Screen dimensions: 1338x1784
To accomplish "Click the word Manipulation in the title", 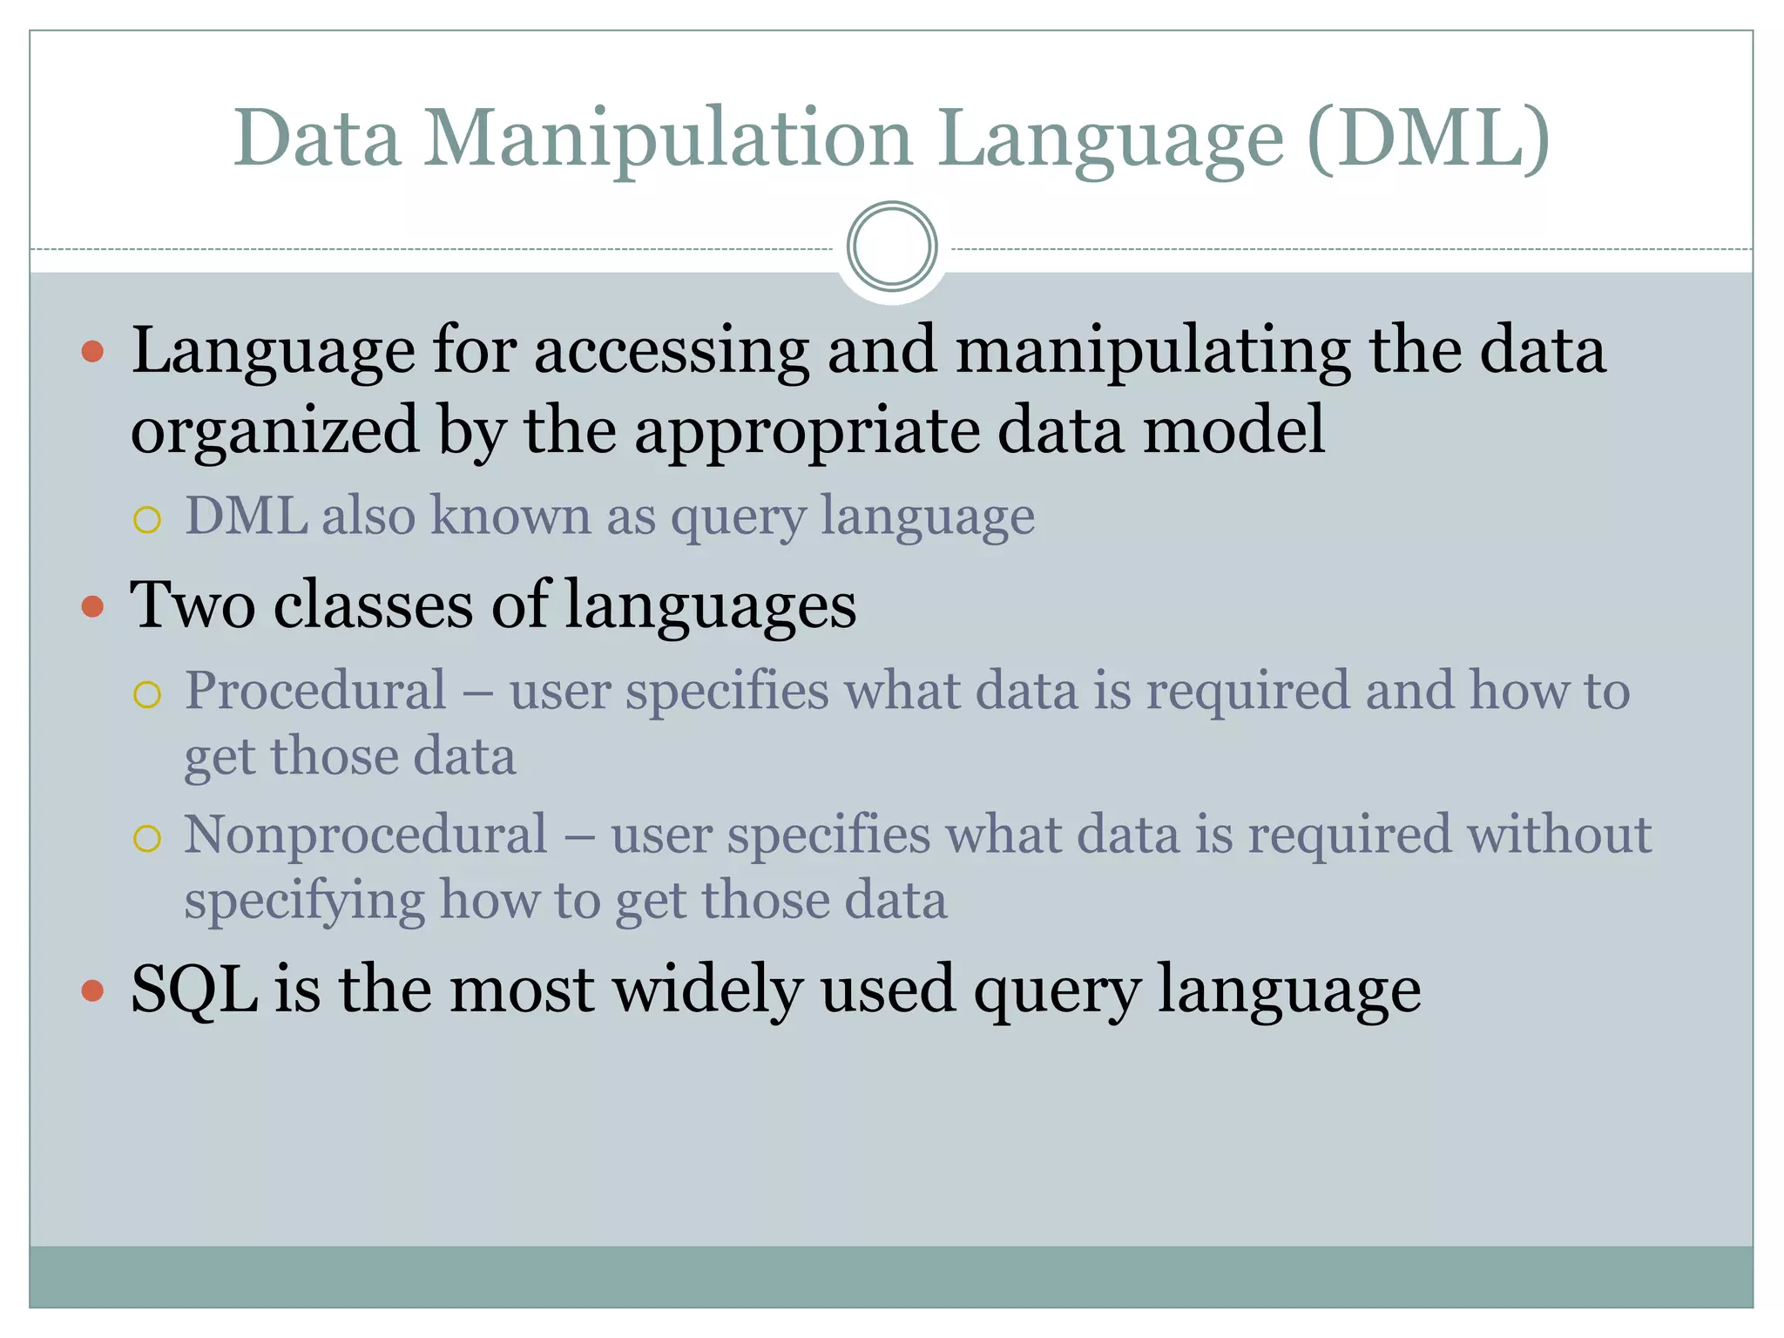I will click(667, 139).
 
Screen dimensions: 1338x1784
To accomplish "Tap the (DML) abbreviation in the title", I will click(1429, 139).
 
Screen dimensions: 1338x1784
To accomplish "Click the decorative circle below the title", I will click(892, 247).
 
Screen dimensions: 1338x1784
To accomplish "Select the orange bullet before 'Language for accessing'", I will click(92, 352).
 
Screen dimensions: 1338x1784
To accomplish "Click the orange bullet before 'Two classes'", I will click(92, 606).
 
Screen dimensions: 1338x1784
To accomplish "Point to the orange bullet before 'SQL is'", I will click(92, 990).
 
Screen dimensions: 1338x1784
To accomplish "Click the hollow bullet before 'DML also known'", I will click(147, 520).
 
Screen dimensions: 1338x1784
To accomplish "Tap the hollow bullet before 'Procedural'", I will click(147, 694).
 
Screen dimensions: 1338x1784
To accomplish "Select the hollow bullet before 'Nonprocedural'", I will click(147, 838).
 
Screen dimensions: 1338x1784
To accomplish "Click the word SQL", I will click(194, 990).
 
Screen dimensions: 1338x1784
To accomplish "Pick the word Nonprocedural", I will click(366, 835).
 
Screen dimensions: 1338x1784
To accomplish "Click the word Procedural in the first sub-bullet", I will click(315, 691).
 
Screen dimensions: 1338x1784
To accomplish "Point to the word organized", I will click(274, 431).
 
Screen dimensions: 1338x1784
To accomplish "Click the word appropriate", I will click(807, 431).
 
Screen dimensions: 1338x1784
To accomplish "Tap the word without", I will click(1559, 835).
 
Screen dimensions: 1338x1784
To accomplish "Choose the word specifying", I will click(304, 902).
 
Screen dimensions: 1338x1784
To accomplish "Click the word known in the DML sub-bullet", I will click(511, 516).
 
